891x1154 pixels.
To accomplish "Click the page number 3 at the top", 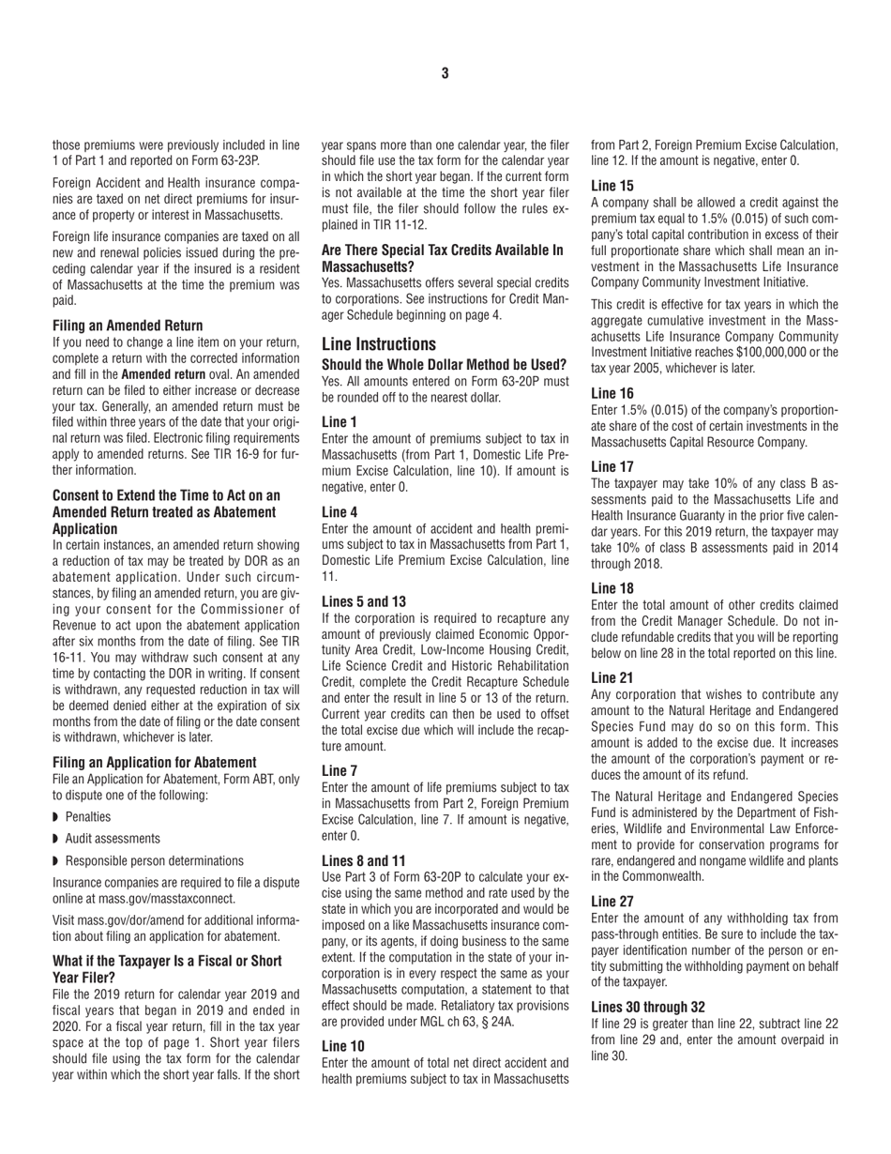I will point(445,73).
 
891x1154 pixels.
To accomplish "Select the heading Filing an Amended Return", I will point(128,326).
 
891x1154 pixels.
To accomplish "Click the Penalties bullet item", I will point(87,816).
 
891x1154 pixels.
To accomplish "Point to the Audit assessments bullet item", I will point(113,838).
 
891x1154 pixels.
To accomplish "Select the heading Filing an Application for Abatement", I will point(155,762).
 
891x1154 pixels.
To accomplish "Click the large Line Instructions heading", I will point(378,343).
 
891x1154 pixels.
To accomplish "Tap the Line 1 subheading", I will point(340,422).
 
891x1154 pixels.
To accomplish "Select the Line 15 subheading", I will point(612,186).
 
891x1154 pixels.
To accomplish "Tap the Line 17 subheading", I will point(612,465).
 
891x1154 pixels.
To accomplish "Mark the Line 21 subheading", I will point(612,677).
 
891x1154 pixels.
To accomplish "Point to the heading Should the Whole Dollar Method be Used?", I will point(444,364).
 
